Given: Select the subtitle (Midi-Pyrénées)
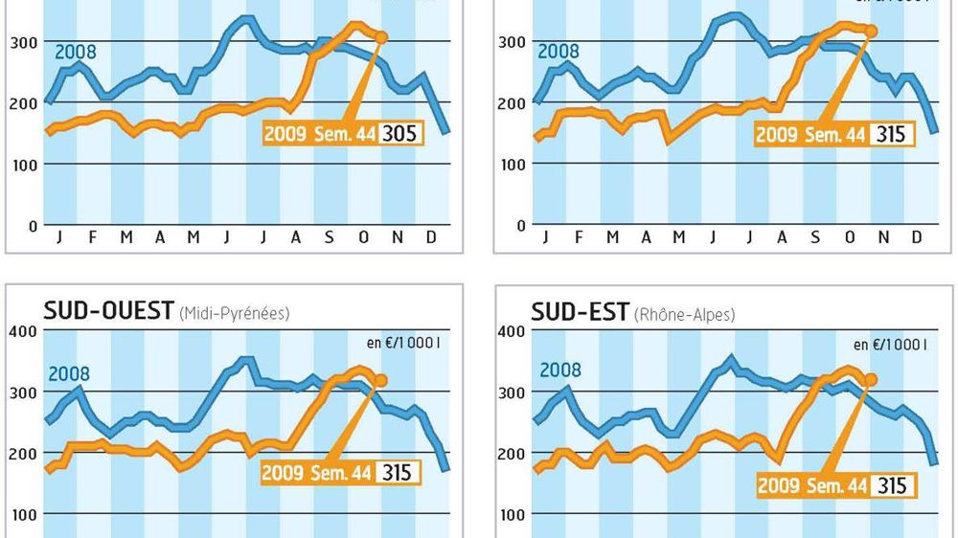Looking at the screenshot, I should (234, 312).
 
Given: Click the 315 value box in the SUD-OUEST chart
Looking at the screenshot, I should (398, 472).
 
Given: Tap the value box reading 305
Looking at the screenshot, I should (399, 132).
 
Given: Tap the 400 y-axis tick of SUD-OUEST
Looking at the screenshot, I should (24, 331).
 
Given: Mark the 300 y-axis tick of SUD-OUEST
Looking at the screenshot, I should (24, 392).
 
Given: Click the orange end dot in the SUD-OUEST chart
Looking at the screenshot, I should (381, 380).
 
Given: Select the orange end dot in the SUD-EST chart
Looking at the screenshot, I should (871, 379).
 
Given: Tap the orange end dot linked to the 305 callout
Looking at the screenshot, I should (381, 37).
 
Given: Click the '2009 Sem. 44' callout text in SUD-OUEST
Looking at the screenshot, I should (317, 472).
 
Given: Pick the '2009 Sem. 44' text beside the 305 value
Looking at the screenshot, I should (318, 133).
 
